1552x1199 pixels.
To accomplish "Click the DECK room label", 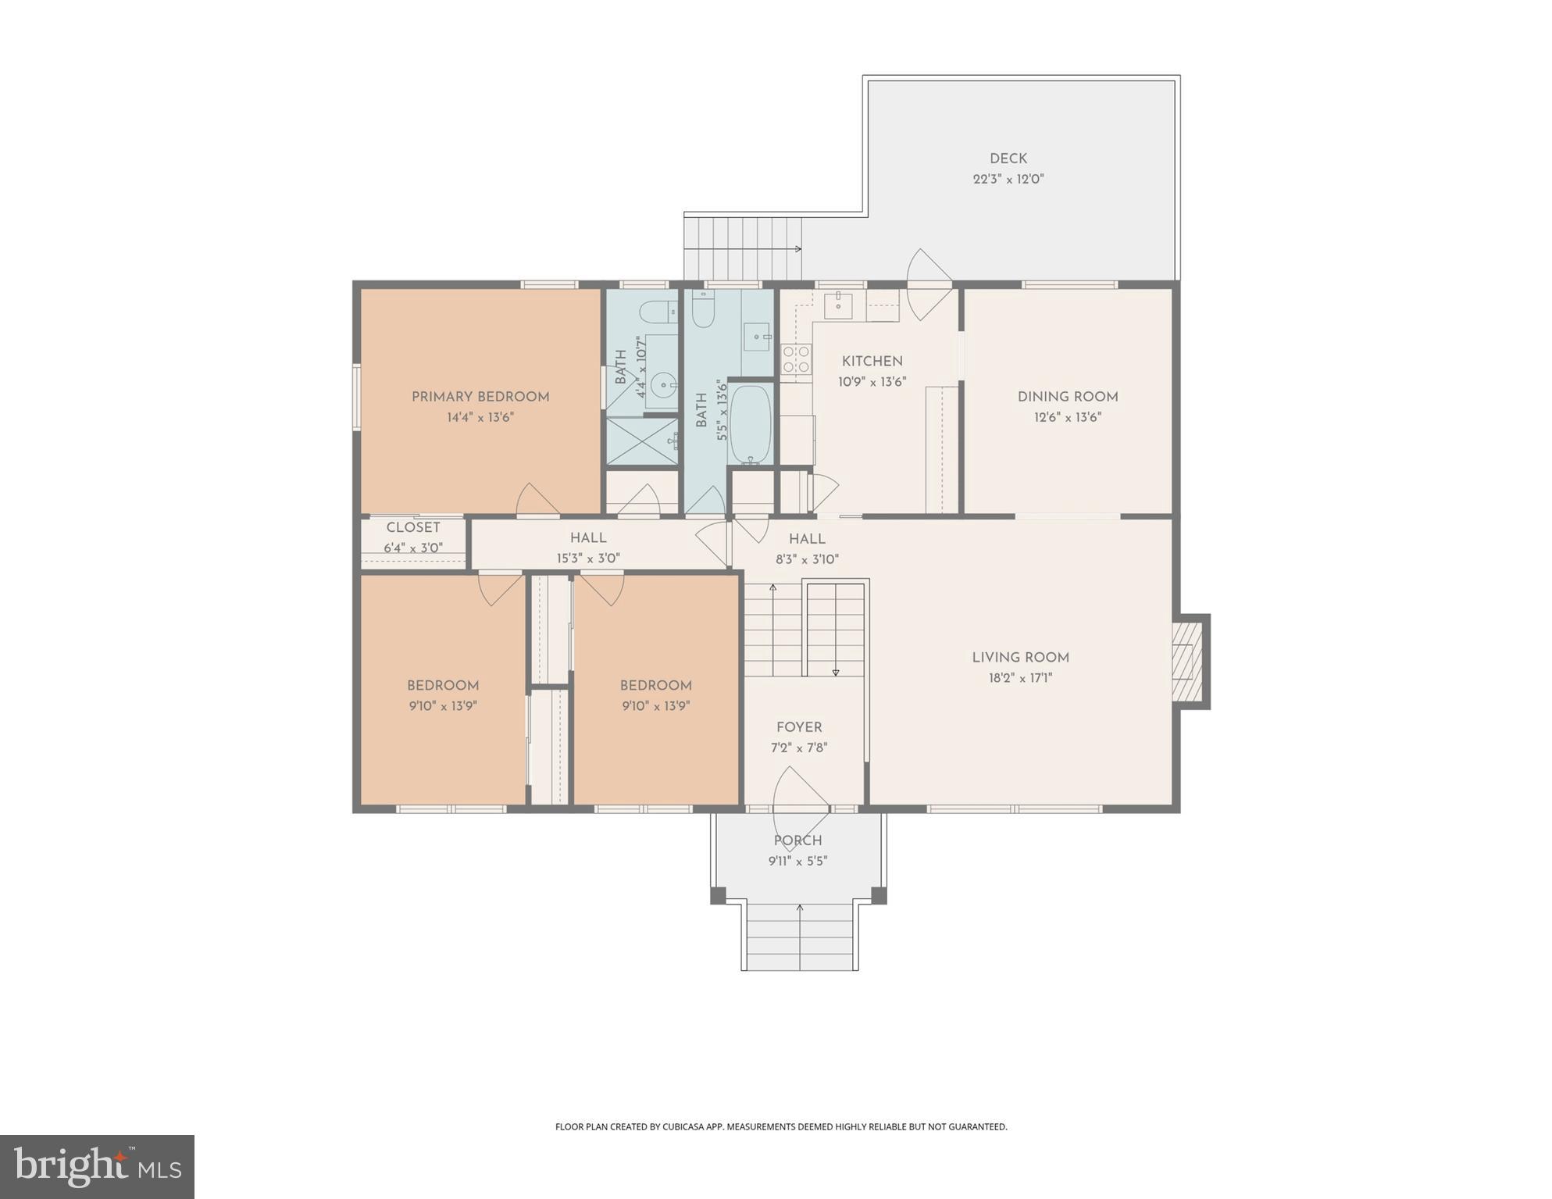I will [1008, 159].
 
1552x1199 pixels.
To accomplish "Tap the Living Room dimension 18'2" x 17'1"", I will [1020, 678].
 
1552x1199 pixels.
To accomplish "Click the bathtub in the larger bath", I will [751, 425].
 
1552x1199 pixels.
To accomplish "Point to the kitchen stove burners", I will [796, 359].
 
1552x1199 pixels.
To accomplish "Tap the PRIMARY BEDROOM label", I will [480, 397].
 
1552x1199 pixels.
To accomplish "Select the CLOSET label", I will [413, 527].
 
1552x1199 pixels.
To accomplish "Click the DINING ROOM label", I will [1067, 397].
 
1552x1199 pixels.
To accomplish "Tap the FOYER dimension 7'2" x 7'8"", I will [798, 748].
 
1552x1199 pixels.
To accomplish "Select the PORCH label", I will [797, 840].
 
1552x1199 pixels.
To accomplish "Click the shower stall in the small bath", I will [642, 441].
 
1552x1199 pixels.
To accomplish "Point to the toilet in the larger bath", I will [703, 310].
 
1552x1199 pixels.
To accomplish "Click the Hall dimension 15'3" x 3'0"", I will [587, 558].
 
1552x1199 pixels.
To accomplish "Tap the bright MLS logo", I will [97, 1166].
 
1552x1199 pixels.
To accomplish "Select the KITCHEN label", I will [872, 362].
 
